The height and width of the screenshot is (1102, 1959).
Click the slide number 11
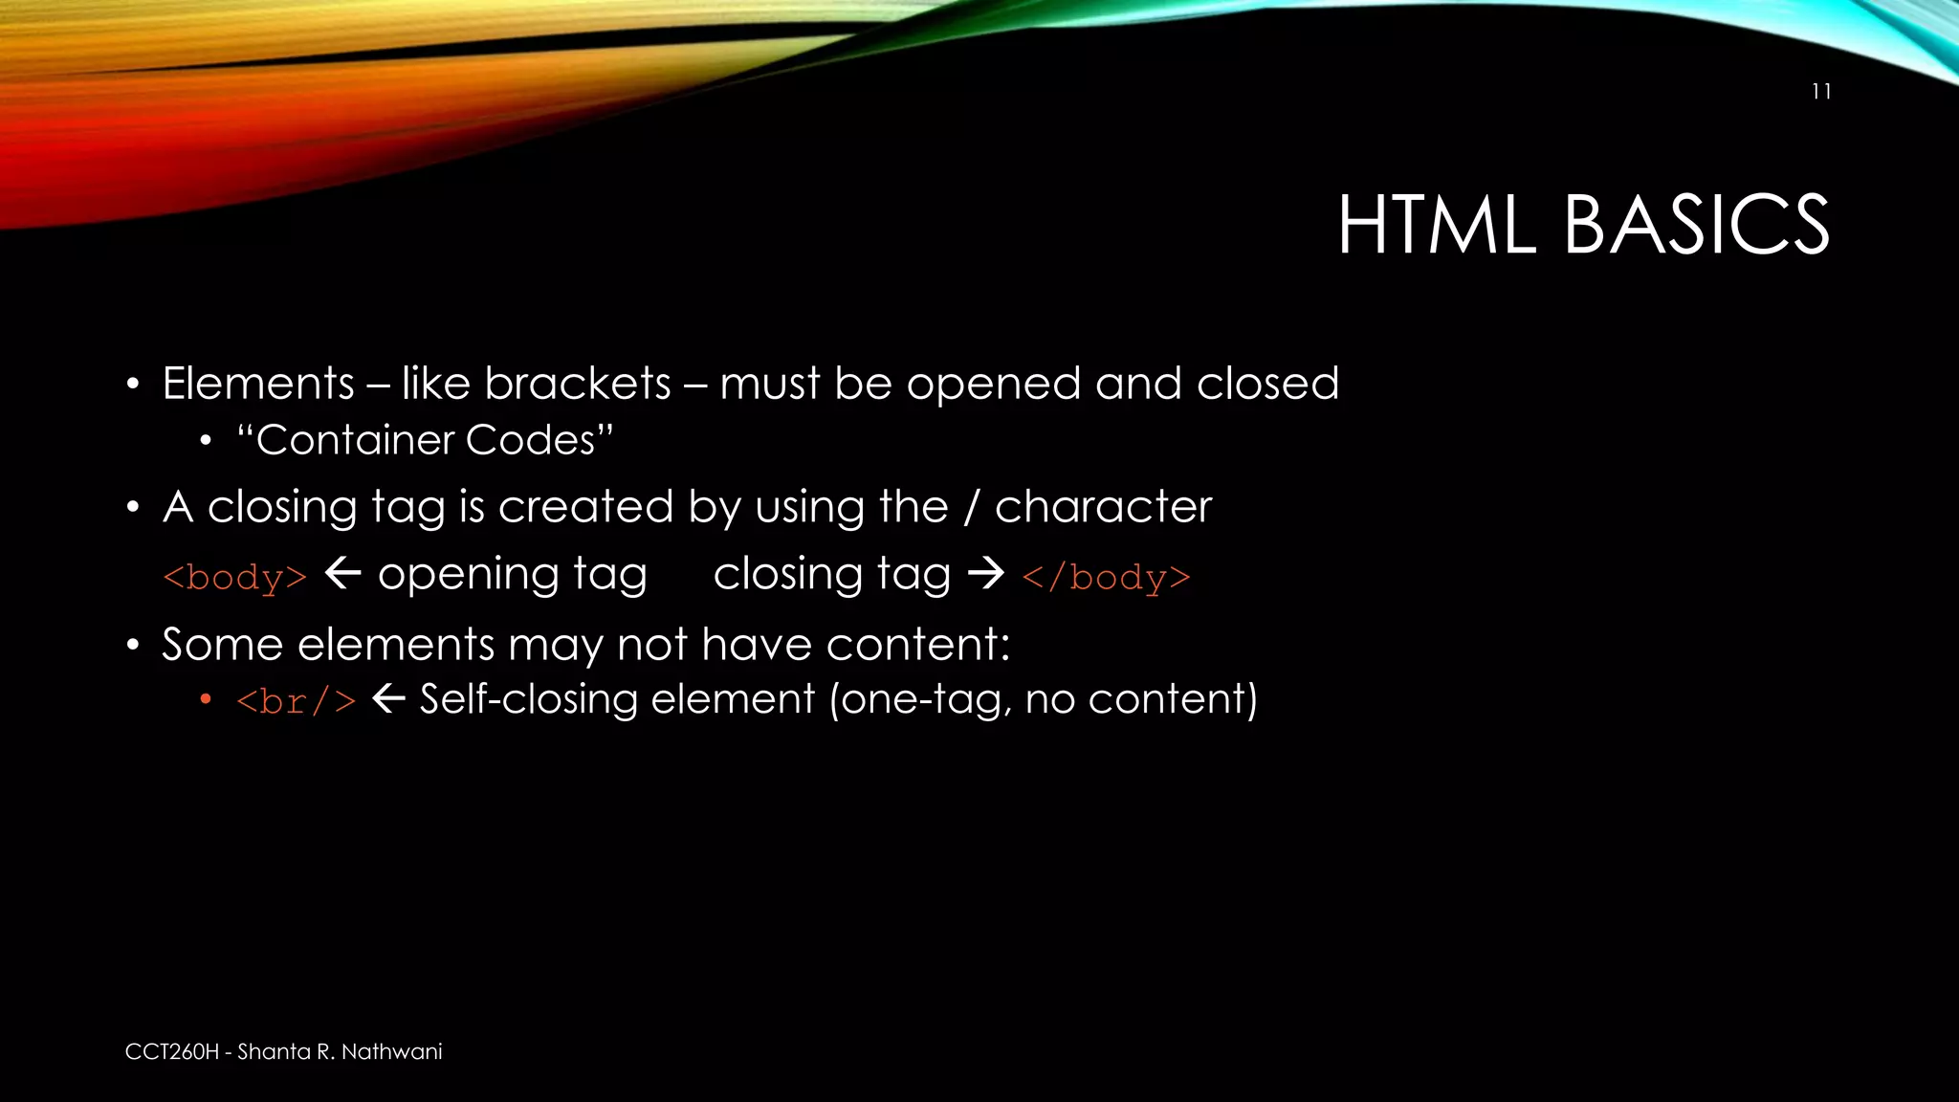pos(1821,92)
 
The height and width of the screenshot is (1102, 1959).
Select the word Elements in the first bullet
pos(258,385)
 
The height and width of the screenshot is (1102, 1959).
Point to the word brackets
pos(578,385)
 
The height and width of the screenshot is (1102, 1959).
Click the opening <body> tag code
pos(235,578)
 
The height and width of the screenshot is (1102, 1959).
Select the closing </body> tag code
pos(1107,578)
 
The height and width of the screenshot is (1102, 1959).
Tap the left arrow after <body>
pos(342,574)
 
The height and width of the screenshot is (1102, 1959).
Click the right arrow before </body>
pos(986,574)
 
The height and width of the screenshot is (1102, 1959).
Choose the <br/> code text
pos(297,701)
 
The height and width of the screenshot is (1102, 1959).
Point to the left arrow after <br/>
pos(388,699)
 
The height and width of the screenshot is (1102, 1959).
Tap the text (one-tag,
pos(921,699)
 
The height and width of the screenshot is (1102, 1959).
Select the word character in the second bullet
pos(1103,507)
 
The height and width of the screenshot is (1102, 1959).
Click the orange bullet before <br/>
pos(206,700)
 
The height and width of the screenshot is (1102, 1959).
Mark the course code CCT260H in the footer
pos(172,1052)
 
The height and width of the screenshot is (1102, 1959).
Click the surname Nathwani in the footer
pos(392,1052)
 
